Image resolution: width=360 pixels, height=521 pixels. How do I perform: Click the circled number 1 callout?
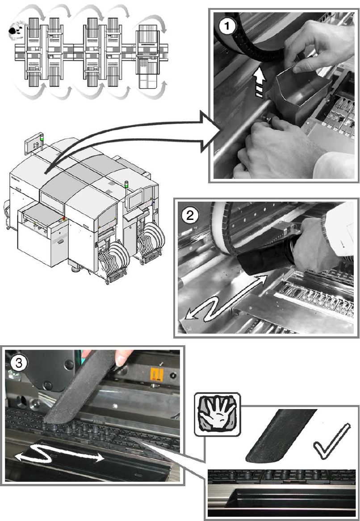point(227,26)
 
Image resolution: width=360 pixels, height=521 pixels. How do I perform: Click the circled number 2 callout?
point(190,216)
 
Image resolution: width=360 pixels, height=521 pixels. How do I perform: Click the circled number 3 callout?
point(19,363)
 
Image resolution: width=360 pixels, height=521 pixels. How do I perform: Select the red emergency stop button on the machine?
point(64,219)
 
